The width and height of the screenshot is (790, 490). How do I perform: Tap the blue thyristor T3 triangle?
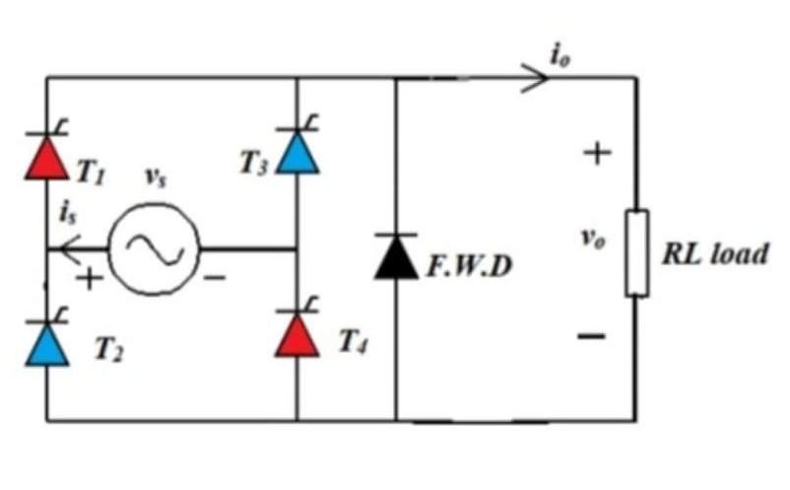point(297,153)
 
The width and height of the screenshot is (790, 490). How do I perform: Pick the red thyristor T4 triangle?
point(297,334)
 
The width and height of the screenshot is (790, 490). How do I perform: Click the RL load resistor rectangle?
point(637,252)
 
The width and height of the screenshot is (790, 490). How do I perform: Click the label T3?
point(253,164)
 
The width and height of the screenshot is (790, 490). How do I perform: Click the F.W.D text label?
point(470,266)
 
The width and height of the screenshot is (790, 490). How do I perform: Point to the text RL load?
point(716,254)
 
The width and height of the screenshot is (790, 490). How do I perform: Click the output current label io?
point(560,55)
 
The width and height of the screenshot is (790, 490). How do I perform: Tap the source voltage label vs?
point(156,178)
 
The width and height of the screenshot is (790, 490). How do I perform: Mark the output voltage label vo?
point(589,242)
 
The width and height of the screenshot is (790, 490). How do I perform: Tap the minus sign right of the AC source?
point(214,281)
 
